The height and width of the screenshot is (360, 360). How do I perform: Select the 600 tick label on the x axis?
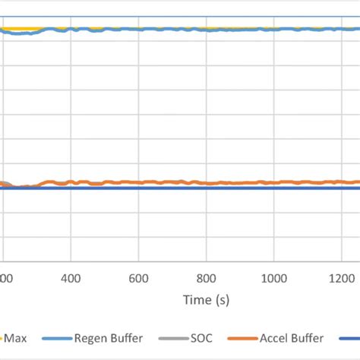(x=138, y=277)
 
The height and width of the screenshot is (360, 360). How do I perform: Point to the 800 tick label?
(x=206, y=277)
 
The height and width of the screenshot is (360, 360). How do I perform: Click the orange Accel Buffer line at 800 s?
(x=206, y=183)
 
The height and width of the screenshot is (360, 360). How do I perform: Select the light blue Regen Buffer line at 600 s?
(x=138, y=29)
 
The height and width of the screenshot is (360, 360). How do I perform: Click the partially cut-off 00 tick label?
(x=6, y=277)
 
